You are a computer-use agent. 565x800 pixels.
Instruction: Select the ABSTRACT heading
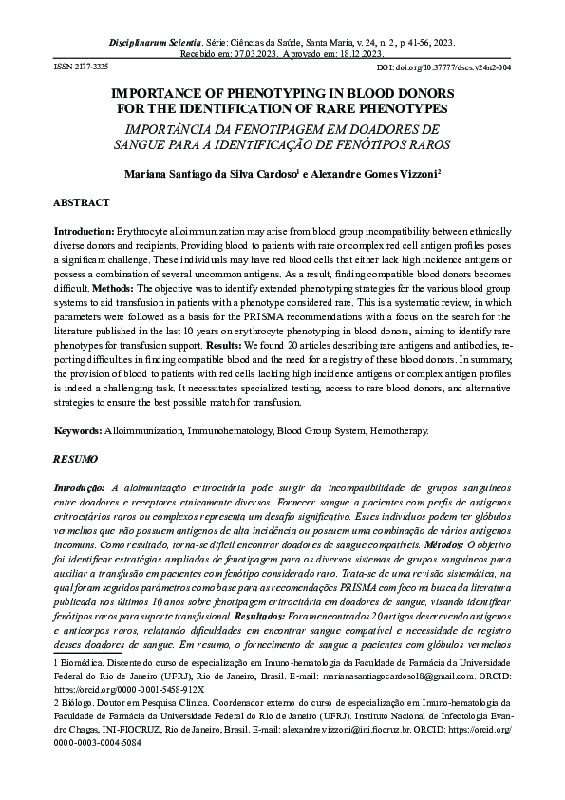pyautogui.click(x=82, y=203)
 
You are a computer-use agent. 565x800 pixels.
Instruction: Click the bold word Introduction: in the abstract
pyautogui.click(x=85, y=232)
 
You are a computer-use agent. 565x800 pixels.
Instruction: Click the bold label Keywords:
pyautogui.click(x=81, y=430)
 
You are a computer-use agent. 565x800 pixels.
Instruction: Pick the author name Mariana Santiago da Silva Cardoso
pyautogui.click(x=210, y=175)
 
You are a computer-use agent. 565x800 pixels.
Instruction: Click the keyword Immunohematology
pyautogui.click(x=222, y=430)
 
